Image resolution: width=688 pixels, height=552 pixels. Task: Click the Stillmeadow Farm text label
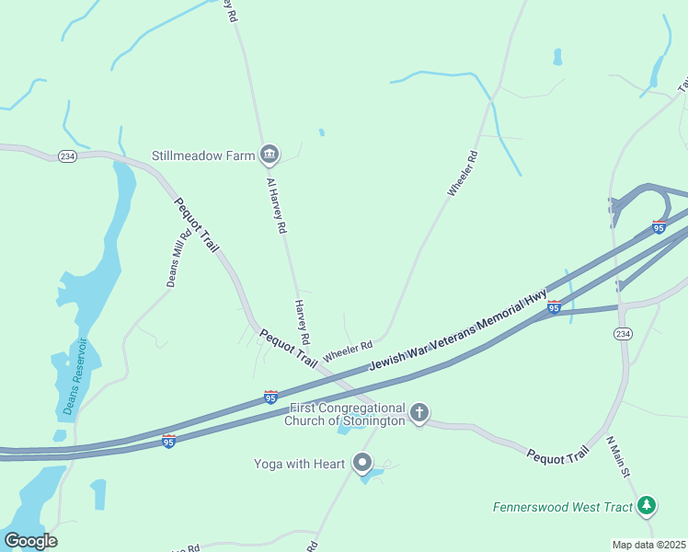click(x=203, y=155)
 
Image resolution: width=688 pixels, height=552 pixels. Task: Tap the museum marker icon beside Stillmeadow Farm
click(x=269, y=154)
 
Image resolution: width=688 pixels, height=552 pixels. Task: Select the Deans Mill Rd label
click(x=178, y=259)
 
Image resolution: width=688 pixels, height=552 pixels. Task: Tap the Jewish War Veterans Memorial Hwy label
click(x=458, y=331)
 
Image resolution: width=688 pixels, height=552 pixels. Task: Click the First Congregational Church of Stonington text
click(x=348, y=414)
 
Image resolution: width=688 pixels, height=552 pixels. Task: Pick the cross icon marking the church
click(x=419, y=413)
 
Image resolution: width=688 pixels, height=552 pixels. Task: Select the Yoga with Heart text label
click(x=300, y=464)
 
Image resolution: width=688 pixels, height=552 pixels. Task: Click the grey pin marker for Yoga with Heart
click(x=362, y=463)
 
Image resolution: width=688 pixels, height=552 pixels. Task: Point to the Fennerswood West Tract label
click(x=563, y=507)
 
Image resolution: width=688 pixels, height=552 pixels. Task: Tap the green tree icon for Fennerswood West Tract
click(x=648, y=504)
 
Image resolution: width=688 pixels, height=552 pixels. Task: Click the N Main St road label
click(x=617, y=457)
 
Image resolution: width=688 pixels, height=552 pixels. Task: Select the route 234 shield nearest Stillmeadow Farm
click(x=66, y=156)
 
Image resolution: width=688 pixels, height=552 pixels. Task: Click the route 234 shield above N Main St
click(x=623, y=333)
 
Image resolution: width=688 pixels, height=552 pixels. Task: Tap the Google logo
click(x=29, y=541)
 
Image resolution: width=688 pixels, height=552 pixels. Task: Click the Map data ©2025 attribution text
click(x=648, y=545)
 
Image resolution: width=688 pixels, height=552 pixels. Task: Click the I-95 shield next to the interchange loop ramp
click(x=659, y=226)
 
